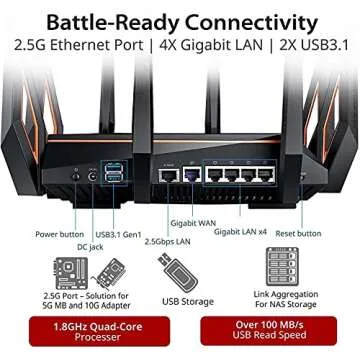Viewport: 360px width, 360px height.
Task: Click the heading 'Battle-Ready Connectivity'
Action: (x=180, y=19)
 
